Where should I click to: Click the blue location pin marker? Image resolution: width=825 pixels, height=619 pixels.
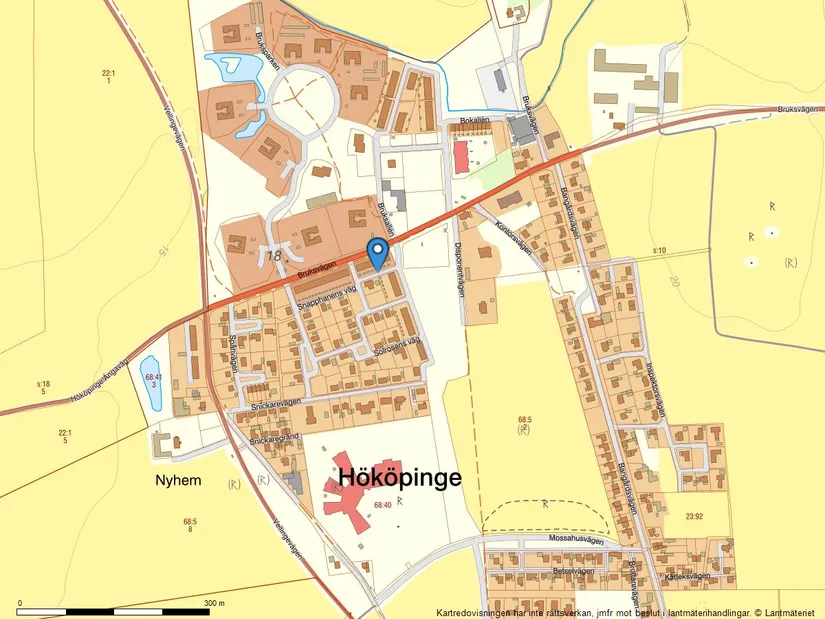377,251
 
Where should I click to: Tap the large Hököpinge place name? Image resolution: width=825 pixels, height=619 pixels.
400,478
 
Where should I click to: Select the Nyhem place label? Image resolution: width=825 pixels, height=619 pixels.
178,480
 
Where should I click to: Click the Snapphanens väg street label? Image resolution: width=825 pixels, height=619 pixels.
323,289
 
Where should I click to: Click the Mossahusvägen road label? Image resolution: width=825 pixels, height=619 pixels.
578,538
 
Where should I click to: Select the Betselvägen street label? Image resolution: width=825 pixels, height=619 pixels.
573,571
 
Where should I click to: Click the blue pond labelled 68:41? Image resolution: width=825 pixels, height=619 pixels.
151,382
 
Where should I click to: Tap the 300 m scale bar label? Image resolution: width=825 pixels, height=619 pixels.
214,604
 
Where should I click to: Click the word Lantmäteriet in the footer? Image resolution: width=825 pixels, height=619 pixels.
789,611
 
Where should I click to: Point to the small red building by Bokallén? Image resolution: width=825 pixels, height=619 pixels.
462,157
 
